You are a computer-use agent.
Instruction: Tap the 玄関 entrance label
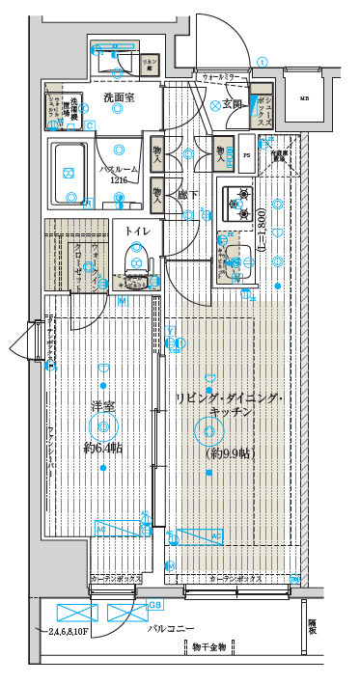coord(232,104)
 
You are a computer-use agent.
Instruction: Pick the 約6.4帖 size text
coord(102,449)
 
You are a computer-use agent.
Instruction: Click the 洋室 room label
coord(103,406)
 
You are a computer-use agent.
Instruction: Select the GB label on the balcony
coord(154,606)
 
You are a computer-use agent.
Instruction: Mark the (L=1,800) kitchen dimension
coord(262,234)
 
